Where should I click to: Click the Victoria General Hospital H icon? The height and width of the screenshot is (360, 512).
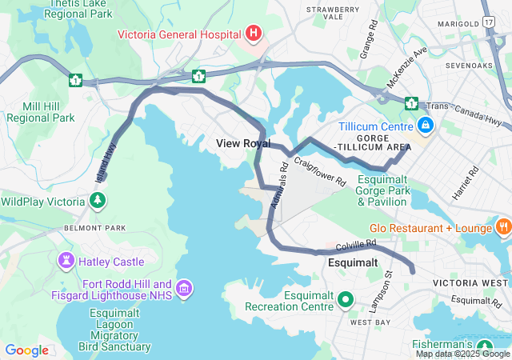tap(254, 34)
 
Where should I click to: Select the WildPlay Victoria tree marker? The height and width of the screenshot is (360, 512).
tap(98, 200)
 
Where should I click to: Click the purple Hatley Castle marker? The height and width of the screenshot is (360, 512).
tap(65, 261)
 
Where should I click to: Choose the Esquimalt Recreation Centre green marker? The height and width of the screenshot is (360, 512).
tap(346, 300)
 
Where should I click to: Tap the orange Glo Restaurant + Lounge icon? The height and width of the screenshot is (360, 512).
tap(503, 228)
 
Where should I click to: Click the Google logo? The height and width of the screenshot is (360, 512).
tap(26, 350)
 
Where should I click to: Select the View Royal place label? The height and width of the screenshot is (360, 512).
tap(243, 143)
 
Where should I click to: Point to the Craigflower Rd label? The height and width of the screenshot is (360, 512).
tap(319, 171)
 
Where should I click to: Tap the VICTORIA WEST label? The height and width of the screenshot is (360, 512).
tap(470, 283)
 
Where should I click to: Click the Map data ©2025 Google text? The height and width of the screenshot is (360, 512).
tap(462, 354)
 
